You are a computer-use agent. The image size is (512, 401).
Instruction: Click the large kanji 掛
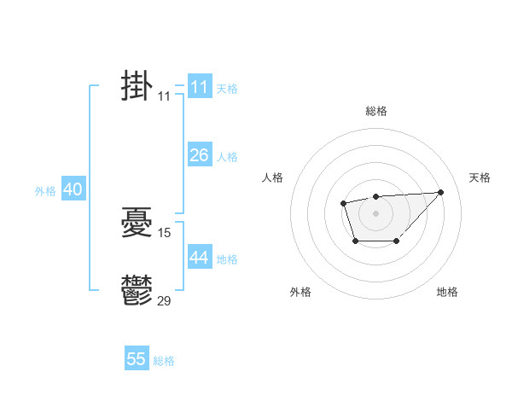137,87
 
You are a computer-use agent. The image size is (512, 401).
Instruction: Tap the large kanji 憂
137,224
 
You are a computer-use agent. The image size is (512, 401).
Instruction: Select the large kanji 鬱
137,291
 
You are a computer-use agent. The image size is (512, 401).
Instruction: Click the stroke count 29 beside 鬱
165,299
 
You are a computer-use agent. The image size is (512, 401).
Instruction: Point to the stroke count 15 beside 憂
165,232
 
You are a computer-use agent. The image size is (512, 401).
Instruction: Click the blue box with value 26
199,155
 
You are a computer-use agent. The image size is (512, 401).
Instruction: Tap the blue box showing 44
199,258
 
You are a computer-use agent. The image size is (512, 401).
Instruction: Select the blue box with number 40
73,190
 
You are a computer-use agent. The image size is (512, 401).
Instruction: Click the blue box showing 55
137,359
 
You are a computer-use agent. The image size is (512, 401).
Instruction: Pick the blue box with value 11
199,87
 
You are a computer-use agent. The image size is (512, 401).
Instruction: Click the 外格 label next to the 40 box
45,192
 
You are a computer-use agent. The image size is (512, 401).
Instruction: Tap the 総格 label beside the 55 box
164,361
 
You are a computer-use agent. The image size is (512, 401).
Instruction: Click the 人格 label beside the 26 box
227,157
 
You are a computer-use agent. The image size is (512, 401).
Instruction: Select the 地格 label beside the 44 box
227,259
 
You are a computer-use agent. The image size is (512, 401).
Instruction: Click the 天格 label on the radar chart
480,177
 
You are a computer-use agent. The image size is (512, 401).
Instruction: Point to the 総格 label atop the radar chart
376,111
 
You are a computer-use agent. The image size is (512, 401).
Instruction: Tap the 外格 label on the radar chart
300,292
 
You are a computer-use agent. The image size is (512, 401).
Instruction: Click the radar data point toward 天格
440,192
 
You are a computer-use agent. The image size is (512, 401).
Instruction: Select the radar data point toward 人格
343,203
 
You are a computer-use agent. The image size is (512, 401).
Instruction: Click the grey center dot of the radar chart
375,212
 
